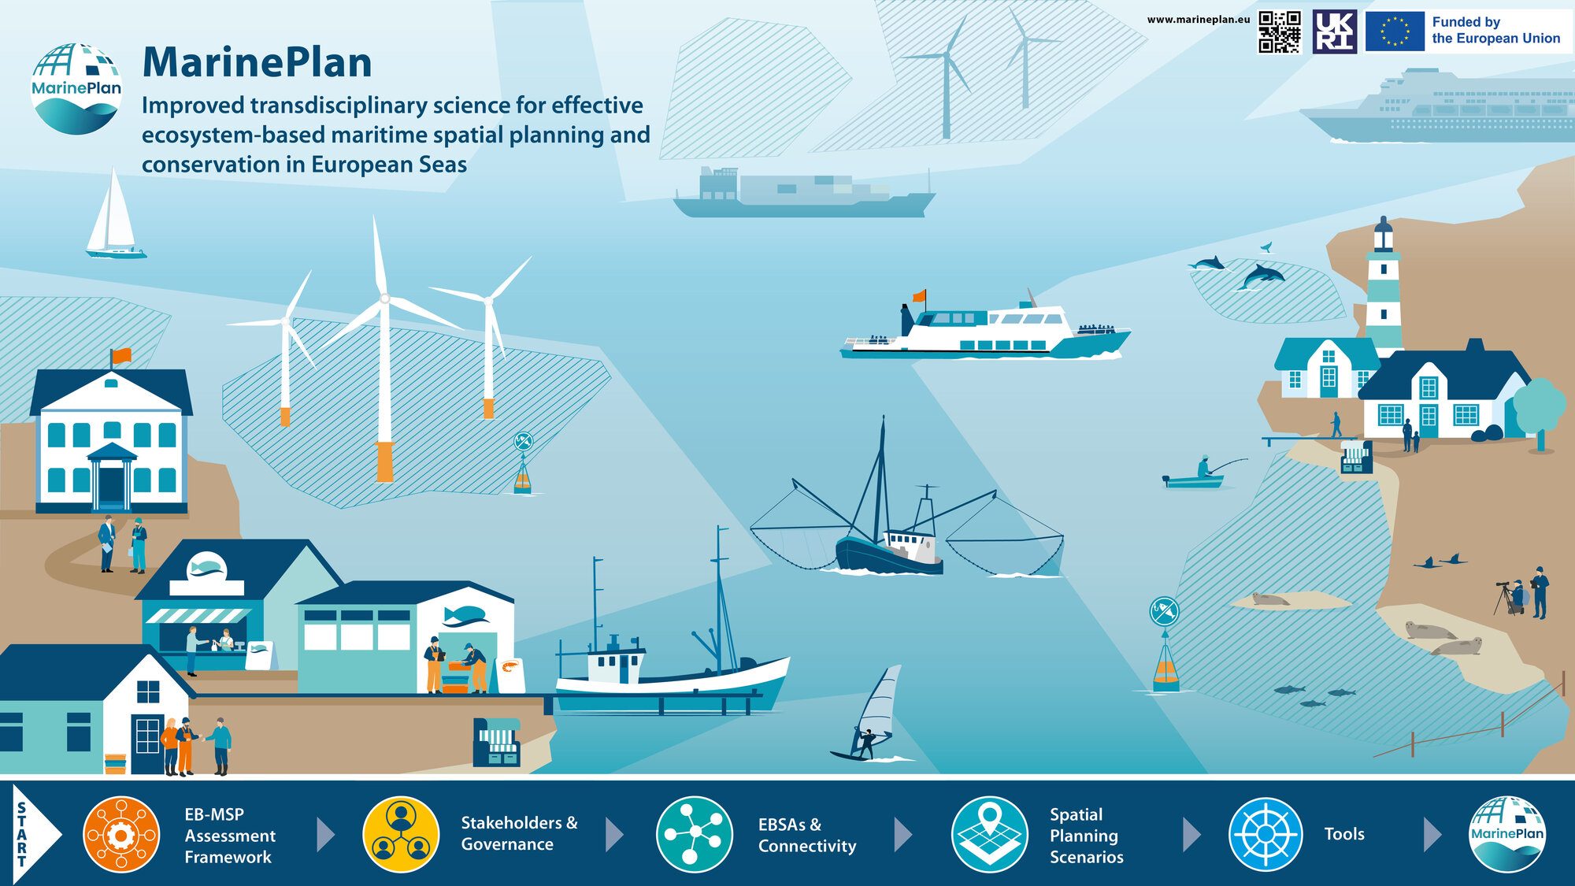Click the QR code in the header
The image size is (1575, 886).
[x=1280, y=32]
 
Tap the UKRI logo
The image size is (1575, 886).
[x=1335, y=32]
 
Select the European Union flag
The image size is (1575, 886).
[x=1395, y=32]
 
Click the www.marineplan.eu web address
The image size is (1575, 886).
[x=1198, y=20]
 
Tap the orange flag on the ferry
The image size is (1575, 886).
[x=919, y=296]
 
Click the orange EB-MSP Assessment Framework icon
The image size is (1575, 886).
[x=121, y=834]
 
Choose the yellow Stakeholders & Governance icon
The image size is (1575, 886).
[x=401, y=834]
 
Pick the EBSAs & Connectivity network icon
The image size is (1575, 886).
[x=694, y=834]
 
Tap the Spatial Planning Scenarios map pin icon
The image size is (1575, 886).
[x=989, y=834]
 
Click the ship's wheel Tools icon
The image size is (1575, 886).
[x=1266, y=834]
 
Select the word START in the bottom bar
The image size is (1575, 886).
[x=22, y=835]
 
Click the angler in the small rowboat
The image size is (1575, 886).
[x=1203, y=467]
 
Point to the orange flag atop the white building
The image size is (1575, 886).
[x=121, y=356]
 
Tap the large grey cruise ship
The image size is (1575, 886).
[x=1436, y=107]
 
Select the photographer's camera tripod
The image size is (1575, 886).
[x=1505, y=599]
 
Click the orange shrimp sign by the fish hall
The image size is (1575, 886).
[x=510, y=675]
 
